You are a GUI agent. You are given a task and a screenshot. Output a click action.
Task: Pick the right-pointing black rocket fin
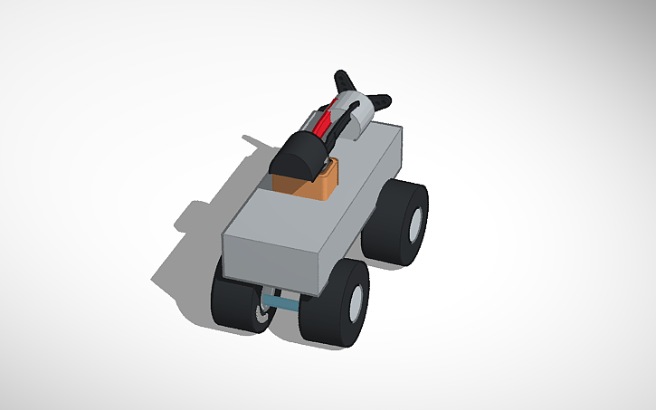click(x=380, y=96)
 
